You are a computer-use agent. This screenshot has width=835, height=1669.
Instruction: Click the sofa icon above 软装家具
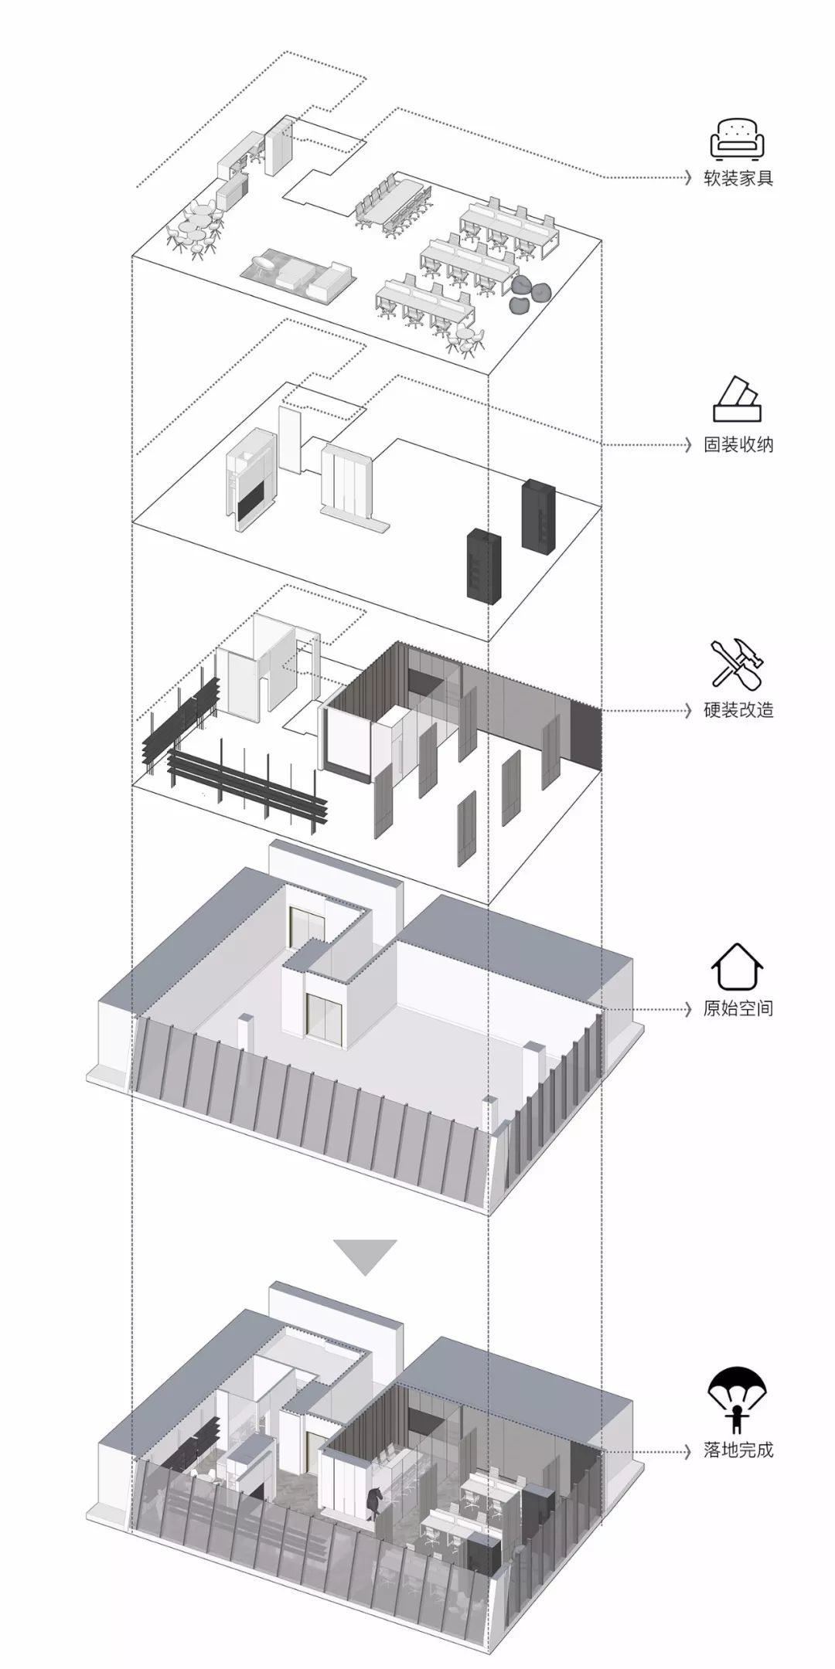point(738,139)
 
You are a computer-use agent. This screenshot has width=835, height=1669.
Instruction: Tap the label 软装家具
point(738,178)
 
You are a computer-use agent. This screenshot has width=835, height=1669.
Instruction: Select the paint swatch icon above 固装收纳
point(738,401)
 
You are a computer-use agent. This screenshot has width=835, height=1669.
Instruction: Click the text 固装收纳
point(738,444)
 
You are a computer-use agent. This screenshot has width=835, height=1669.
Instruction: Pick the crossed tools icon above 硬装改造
point(738,663)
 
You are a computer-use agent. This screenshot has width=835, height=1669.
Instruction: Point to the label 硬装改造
point(738,709)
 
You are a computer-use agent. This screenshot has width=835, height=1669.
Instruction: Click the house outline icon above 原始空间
point(738,966)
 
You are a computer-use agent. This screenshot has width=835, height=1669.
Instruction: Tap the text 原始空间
point(738,1008)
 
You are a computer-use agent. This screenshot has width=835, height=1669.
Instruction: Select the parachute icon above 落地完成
point(738,1397)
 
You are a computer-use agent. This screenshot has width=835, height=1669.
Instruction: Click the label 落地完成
point(738,1449)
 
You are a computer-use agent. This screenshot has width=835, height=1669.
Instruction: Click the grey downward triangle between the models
point(366,1257)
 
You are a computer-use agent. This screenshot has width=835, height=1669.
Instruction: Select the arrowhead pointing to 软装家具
point(687,178)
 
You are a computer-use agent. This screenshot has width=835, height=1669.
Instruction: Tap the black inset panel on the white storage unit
point(253,503)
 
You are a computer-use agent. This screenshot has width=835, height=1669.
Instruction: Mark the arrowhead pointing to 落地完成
point(687,1449)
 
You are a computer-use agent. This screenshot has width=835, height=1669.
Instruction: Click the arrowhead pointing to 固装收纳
point(687,444)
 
